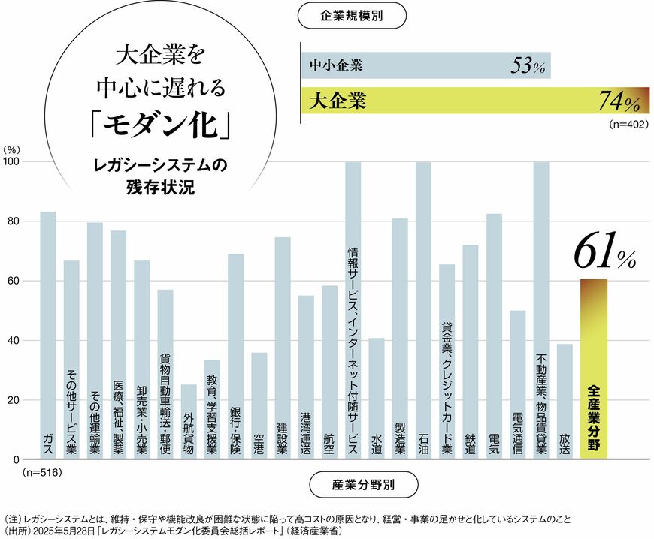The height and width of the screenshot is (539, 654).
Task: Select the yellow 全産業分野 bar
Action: pos(594,369)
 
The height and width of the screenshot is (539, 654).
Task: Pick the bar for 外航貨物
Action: pos(189,421)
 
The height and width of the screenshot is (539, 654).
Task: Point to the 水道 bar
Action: pos(377,398)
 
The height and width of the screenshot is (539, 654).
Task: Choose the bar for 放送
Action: pos(565,401)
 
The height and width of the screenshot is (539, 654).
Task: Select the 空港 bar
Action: pos(259,405)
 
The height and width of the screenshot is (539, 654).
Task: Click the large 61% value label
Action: pos(601,254)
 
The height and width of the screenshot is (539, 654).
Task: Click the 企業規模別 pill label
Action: pos(353,15)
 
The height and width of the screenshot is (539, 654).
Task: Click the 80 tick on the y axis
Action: pos(13,221)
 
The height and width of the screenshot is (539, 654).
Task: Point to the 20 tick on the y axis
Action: pos(13,400)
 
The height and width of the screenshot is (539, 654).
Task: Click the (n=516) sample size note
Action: pos(42,473)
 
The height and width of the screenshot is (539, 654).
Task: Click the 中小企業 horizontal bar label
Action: pos(336,65)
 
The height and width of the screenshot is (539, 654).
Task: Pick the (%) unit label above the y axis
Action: pos(12,149)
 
